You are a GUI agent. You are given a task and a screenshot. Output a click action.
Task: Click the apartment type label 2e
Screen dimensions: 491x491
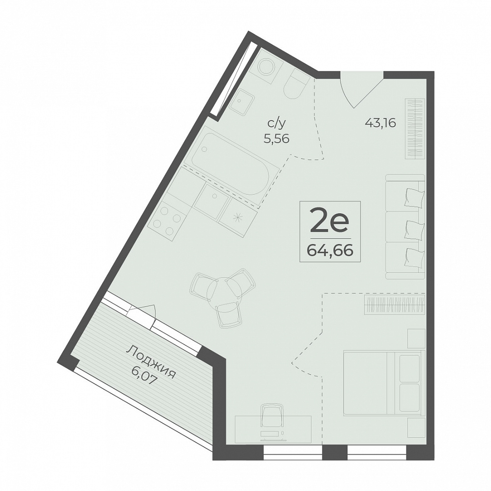point(330,222)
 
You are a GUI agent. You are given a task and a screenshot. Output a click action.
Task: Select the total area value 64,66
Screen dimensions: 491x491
point(330,251)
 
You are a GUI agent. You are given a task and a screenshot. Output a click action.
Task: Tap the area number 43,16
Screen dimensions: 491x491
point(381,123)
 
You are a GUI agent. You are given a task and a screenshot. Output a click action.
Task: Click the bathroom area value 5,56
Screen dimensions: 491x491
point(276,138)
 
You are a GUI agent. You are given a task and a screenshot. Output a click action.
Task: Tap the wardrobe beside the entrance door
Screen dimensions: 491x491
point(415,129)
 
